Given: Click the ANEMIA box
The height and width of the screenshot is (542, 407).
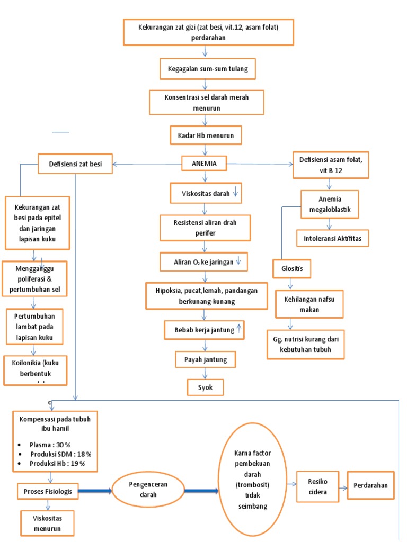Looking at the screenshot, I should pyautogui.click(x=203, y=164).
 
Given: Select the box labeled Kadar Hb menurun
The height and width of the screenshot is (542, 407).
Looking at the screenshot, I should pyautogui.click(x=206, y=135).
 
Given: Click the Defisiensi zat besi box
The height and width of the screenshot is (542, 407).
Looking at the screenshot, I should pyautogui.click(x=76, y=164).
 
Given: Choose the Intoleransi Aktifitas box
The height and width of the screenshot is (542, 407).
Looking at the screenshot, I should pyautogui.click(x=333, y=238).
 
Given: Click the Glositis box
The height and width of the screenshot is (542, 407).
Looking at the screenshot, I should pyautogui.click(x=291, y=268).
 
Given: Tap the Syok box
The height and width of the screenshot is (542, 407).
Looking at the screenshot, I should pyautogui.click(x=205, y=387).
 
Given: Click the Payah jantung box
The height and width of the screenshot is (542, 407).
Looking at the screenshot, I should pyautogui.click(x=205, y=360).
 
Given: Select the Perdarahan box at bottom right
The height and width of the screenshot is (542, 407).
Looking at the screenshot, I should pyautogui.click(x=370, y=485).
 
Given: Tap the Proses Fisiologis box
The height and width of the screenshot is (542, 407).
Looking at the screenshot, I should pyautogui.click(x=48, y=491).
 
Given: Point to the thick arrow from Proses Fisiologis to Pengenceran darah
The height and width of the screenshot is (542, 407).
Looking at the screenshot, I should pyautogui.click(x=95, y=491).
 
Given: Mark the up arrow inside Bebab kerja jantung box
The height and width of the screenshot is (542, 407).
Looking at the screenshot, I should pyautogui.click(x=239, y=330).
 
